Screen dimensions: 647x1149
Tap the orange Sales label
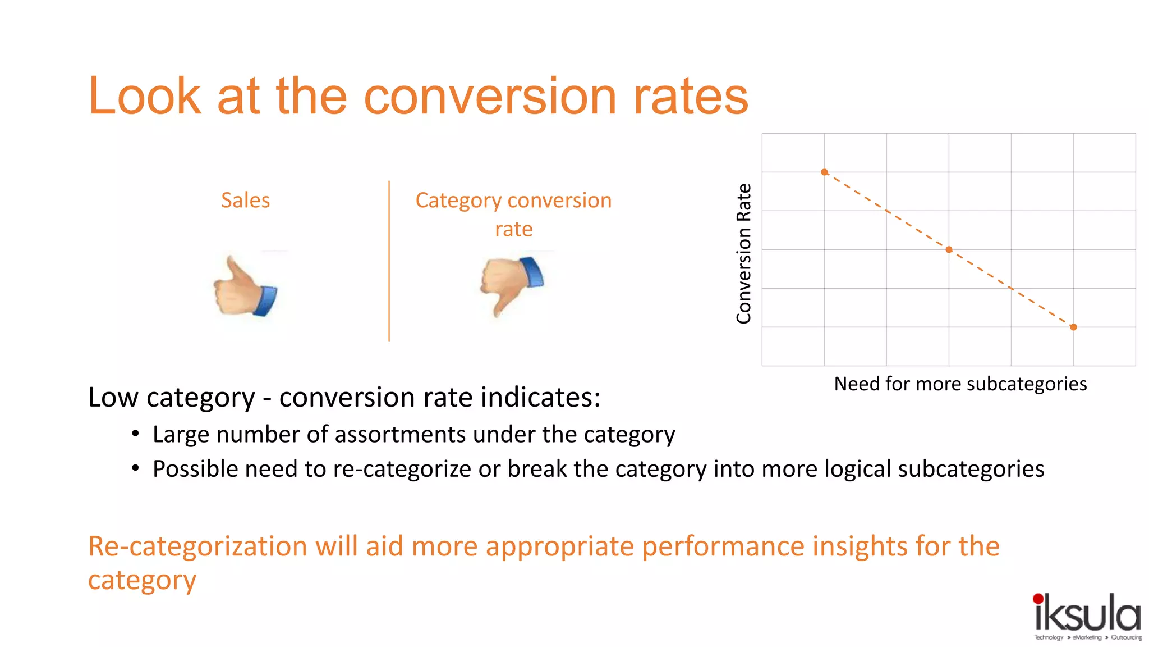click(x=245, y=201)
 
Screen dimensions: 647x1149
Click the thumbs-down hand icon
click(x=512, y=285)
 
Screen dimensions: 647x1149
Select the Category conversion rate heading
click(x=513, y=214)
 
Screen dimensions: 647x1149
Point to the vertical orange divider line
click(x=389, y=261)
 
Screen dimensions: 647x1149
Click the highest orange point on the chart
click(x=824, y=172)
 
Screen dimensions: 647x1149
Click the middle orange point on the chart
click(x=949, y=250)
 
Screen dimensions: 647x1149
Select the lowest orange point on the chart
click(x=1073, y=327)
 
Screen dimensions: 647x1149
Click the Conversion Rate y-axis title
click(x=744, y=254)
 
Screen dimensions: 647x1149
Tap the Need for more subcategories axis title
click(x=960, y=384)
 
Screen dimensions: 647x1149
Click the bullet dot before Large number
click(x=135, y=434)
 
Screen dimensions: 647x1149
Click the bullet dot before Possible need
click(x=135, y=468)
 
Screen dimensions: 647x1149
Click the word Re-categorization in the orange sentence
click(x=197, y=546)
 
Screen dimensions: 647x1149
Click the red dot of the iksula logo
click(x=1038, y=599)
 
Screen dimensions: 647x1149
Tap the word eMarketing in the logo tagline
click(x=1087, y=637)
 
